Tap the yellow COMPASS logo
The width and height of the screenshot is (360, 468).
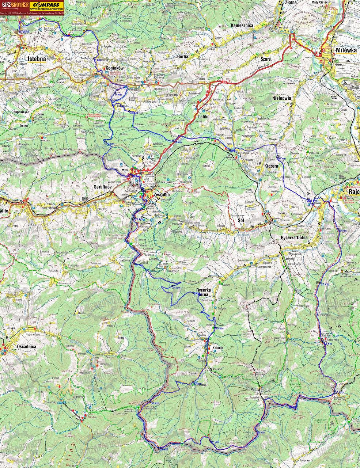click(x=47, y=4)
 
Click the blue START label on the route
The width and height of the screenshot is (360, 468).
click(x=23, y=32)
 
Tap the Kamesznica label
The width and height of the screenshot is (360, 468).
click(x=242, y=26)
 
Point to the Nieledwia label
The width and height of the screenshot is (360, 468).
click(x=281, y=98)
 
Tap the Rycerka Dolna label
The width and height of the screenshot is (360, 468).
click(x=294, y=238)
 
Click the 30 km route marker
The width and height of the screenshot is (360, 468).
click(x=219, y=328)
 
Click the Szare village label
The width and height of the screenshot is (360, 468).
click(x=266, y=59)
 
